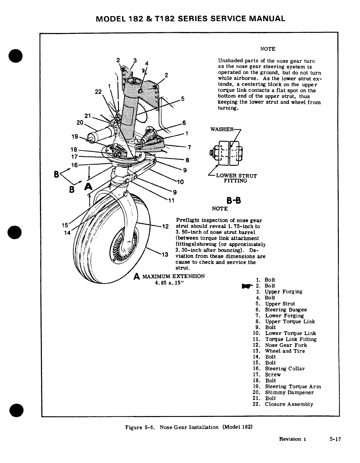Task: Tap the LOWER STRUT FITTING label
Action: (x=236, y=178)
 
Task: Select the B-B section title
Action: (x=234, y=201)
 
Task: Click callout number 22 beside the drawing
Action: (x=98, y=92)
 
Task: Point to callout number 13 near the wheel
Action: (x=164, y=254)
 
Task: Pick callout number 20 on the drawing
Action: (x=80, y=123)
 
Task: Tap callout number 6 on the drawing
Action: (x=184, y=123)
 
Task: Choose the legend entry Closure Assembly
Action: (x=289, y=404)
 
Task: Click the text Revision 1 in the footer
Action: (x=292, y=439)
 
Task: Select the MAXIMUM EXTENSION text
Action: (x=173, y=276)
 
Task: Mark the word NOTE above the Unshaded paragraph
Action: (x=268, y=49)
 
